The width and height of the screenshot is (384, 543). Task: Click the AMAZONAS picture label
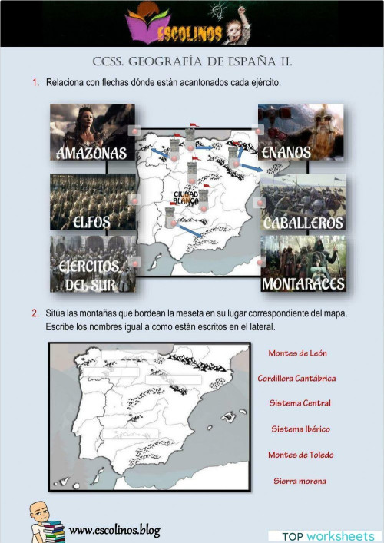click(x=91, y=153)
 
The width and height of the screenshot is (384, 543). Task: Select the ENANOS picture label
click(x=286, y=152)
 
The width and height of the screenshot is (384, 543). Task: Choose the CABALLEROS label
click(x=303, y=223)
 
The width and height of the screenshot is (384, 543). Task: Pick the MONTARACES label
click(x=303, y=283)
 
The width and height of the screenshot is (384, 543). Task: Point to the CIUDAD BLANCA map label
click(x=186, y=197)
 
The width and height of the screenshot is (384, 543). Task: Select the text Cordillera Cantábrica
click(x=296, y=379)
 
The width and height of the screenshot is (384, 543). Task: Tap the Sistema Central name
click(x=300, y=403)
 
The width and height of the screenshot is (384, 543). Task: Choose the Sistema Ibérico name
click(x=300, y=429)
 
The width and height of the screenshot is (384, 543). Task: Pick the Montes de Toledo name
click(x=300, y=455)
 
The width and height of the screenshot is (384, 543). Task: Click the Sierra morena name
click(x=300, y=482)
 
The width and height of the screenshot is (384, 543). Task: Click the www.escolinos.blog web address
click(x=114, y=529)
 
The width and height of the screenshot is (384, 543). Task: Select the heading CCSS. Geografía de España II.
click(x=192, y=61)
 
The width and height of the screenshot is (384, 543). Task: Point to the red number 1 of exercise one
click(x=35, y=81)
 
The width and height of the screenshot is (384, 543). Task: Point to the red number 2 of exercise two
click(x=35, y=313)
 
